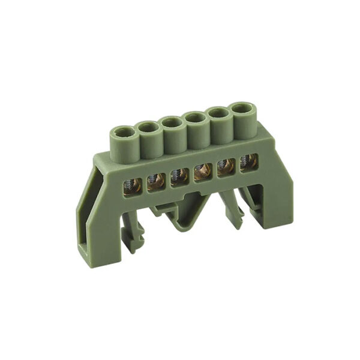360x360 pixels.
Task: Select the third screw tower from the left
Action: [x=172, y=135]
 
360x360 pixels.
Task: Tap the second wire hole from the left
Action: [x=156, y=180]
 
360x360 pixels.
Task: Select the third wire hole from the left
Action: [x=178, y=176]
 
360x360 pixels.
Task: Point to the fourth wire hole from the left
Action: [x=202, y=172]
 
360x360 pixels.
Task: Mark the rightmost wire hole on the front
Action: [x=247, y=163]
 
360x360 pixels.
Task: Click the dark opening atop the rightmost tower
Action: [x=241, y=109]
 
